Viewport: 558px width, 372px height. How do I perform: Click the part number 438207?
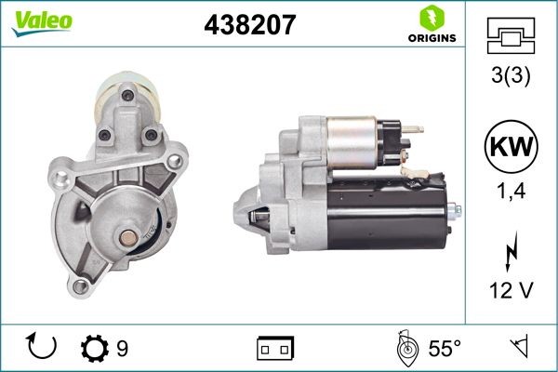(x=249, y=25)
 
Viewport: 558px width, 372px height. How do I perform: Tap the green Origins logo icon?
(x=430, y=16)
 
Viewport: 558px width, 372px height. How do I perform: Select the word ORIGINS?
(x=431, y=38)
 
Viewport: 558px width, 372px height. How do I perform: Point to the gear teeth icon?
(x=94, y=348)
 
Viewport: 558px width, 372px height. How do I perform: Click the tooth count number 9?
(x=123, y=349)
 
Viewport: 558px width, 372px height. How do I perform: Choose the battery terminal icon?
(x=274, y=349)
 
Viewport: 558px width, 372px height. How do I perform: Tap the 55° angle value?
(x=445, y=349)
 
